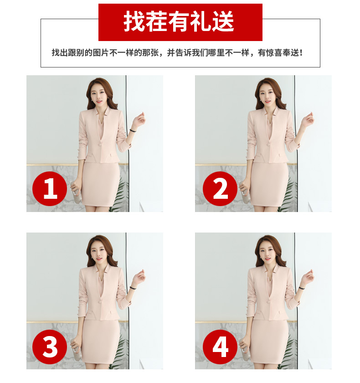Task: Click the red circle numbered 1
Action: [50, 189]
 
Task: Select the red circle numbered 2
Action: [220, 189]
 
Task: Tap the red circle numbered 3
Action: [50, 347]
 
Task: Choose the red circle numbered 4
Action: [220, 347]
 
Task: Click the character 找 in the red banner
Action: [134, 21]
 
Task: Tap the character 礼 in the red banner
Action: [201, 21]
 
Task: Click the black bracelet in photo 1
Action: [133, 131]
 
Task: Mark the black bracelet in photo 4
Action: [302, 288]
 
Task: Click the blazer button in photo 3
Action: [100, 302]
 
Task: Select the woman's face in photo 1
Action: [98, 96]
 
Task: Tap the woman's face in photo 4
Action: [267, 253]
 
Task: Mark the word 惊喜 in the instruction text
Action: [274, 52]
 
